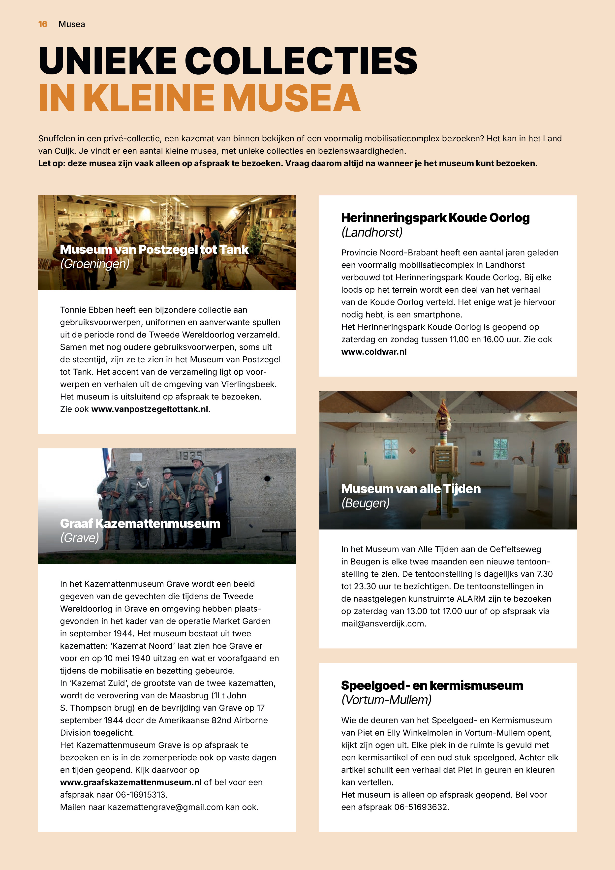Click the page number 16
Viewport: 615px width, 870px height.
click(x=43, y=24)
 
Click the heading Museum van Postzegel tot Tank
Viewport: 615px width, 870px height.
click(x=154, y=249)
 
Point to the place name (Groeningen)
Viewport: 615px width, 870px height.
click(x=95, y=264)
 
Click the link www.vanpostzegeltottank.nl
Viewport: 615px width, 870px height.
click(x=150, y=409)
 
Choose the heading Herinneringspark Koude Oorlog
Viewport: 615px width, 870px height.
click(x=435, y=218)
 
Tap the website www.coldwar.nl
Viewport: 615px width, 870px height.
click(x=374, y=352)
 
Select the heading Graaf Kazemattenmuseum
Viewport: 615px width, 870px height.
click(x=140, y=523)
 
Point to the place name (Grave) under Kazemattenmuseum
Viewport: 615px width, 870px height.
click(x=80, y=538)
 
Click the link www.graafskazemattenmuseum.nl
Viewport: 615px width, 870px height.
click(x=131, y=782)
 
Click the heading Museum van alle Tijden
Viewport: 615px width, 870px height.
click(x=411, y=489)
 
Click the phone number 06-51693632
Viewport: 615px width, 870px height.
click(x=421, y=807)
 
